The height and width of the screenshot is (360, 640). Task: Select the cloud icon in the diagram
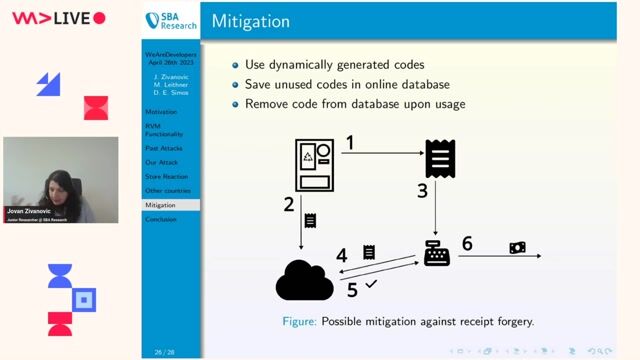[x=304, y=280]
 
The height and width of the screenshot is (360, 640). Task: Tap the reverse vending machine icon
[x=314, y=164]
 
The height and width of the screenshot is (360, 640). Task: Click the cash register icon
[x=437, y=255]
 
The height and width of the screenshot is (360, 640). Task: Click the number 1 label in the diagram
[x=349, y=144]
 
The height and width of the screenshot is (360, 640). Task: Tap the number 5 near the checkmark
[x=352, y=290]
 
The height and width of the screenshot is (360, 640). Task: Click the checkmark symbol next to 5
[x=371, y=285]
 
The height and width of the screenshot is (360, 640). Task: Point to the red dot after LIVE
[x=98, y=18]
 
